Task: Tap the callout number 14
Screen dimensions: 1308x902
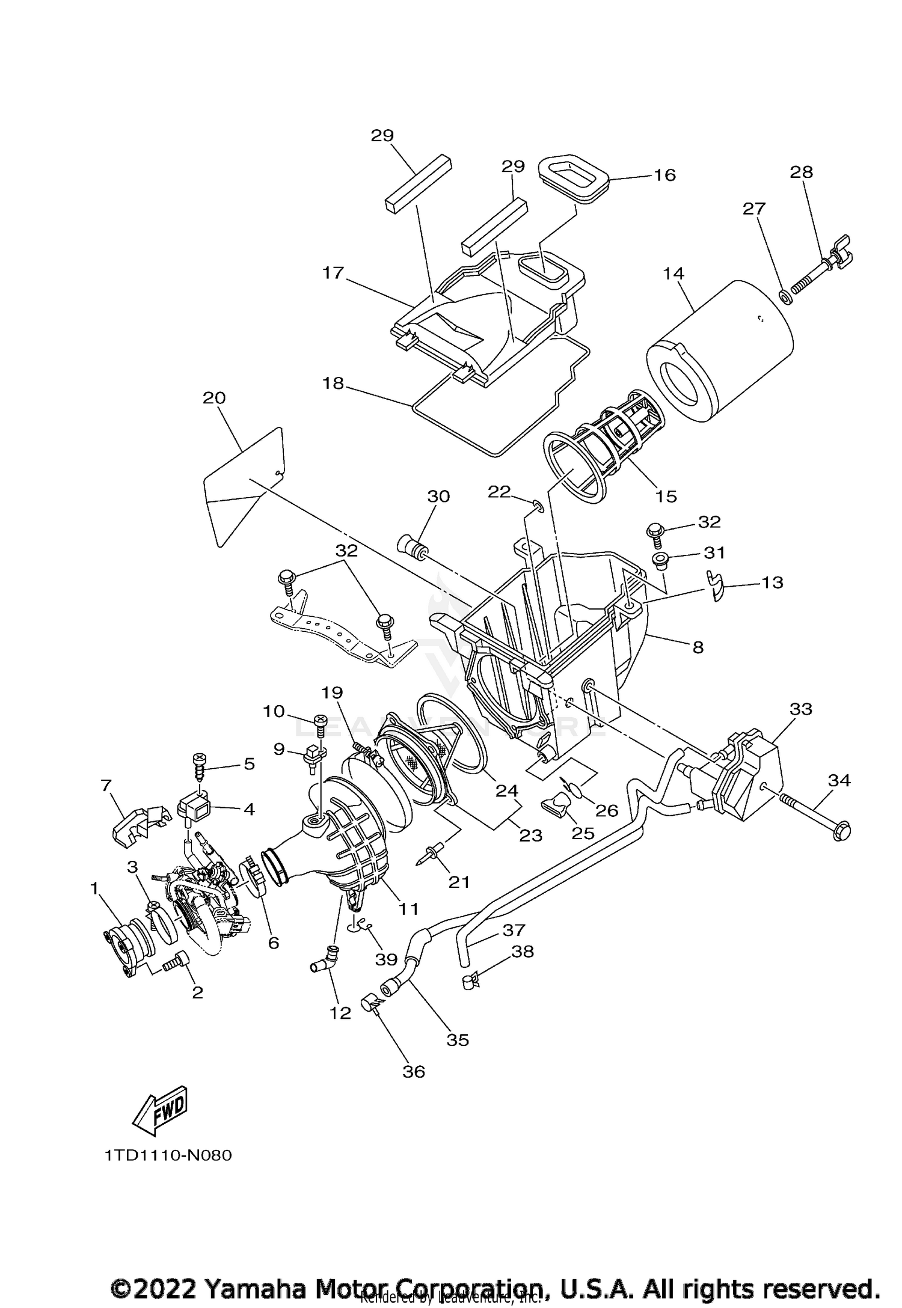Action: coord(673,274)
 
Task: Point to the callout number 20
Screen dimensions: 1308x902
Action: coord(215,398)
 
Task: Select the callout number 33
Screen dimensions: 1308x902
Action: coord(800,709)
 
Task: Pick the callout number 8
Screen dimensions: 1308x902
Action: coord(698,647)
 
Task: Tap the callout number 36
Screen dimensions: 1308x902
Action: coord(414,1071)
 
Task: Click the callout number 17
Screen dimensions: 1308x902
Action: coord(332,274)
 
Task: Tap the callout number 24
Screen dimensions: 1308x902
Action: coord(506,790)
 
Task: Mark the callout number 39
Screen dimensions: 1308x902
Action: coord(386,960)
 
